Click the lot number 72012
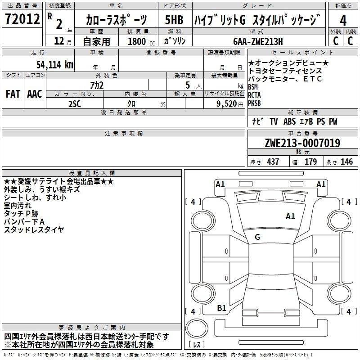point(22,18)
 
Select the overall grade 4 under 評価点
point(343,21)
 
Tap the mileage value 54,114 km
point(55,65)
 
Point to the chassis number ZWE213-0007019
point(302,143)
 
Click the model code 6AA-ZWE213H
point(258,41)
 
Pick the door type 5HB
point(174,20)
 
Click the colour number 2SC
point(75,104)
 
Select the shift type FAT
point(13,94)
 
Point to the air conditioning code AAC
point(35,94)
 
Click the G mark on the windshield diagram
point(257,237)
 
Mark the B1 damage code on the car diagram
point(221,308)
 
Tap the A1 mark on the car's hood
point(290,216)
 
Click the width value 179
point(310,162)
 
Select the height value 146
point(346,162)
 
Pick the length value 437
point(273,162)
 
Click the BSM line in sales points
point(253,87)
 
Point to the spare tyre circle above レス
point(197,328)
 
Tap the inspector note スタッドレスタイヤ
point(34,230)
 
